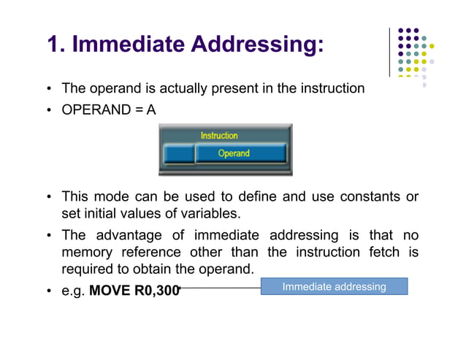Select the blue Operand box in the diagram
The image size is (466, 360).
[234, 153]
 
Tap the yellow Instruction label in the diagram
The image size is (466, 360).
[219, 135]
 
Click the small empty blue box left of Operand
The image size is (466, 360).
[177, 153]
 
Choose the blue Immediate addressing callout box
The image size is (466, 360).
[334, 286]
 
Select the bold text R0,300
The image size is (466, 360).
[157, 290]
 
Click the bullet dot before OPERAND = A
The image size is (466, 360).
[49, 108]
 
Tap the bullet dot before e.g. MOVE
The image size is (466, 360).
[49, 291]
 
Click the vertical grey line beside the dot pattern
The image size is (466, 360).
[390, 53]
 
